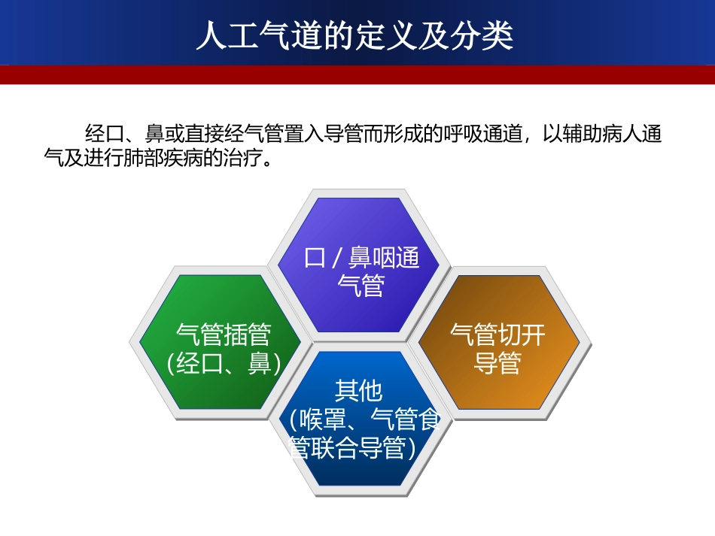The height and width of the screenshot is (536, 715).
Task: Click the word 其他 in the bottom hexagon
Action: click(359, 391)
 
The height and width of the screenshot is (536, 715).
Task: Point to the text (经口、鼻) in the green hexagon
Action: click(224, 364)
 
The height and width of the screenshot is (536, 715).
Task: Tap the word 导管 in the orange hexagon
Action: click(497, 364)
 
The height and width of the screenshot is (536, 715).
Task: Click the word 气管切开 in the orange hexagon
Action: click(497, 333)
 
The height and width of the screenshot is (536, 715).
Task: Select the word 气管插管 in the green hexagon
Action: click(224, 333)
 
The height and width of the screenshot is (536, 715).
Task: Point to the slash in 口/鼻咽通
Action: click(336, 258)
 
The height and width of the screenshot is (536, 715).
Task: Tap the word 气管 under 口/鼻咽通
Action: click(361, 286)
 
